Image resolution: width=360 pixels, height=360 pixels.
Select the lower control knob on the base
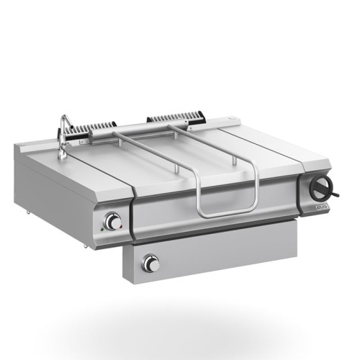[x=150, y=264]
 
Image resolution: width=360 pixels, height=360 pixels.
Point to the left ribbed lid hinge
[x=94, y=127]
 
